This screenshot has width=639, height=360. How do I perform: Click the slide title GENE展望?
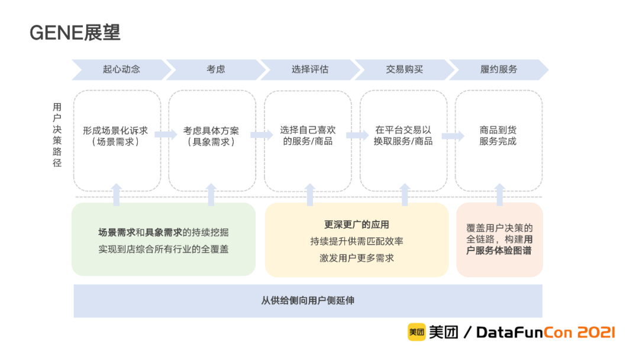click(75, 33)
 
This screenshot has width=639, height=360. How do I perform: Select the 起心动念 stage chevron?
click(121, 69)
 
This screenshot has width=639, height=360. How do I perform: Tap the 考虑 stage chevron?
click(215, 69)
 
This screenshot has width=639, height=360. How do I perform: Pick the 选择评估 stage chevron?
click(309, 69)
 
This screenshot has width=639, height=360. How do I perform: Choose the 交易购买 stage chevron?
click(404, 69)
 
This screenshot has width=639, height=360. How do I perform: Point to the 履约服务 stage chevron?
click(498, 69)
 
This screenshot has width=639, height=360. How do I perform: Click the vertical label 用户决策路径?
click(57, 135)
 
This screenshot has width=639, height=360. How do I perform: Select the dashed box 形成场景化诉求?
click(117, 140)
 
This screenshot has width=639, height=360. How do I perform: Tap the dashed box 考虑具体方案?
click(212, 140)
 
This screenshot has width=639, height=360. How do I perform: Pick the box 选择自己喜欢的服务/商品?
click(308, 140)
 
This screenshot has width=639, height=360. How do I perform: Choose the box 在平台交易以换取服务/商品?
click(404, 140)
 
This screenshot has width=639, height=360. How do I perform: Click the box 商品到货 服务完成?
click(499, 140)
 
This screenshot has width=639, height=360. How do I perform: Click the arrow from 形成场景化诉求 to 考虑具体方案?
click(165, 135)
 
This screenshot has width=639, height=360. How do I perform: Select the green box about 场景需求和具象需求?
click(163, 239)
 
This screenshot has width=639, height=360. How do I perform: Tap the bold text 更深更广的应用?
click(356, 225)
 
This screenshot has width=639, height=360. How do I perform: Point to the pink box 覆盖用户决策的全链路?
click(499, 239)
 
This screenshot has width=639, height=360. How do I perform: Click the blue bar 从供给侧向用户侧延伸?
click(308, 301)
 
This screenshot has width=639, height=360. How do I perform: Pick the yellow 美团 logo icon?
click(416, 332)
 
